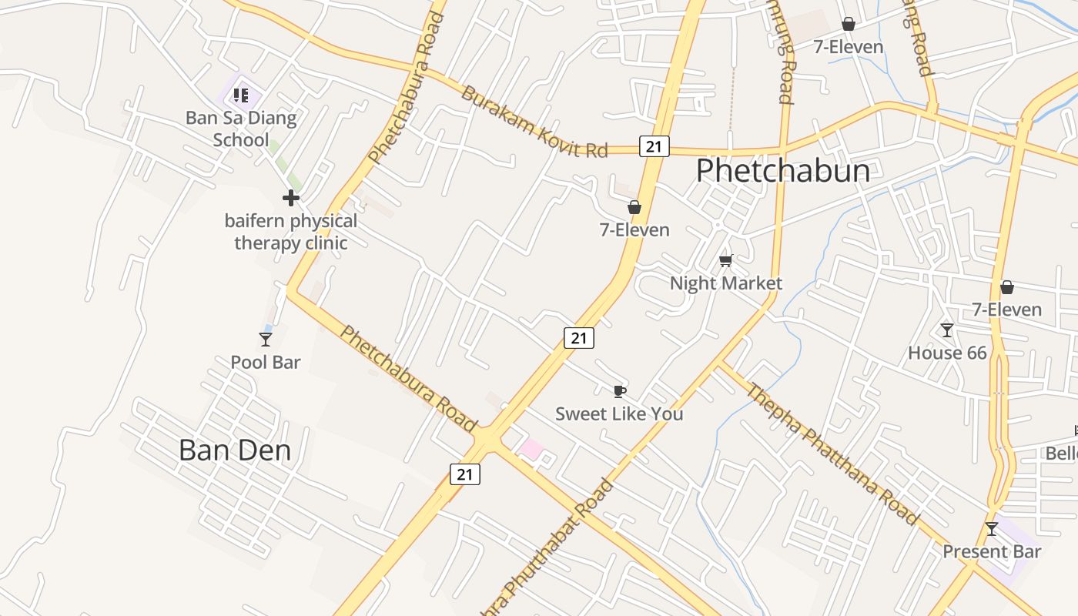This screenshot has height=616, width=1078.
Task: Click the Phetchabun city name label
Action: tap(782, 171)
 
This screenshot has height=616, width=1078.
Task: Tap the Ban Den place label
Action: tap(235, 450)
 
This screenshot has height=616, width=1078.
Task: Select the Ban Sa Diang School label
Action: tap(241, 129)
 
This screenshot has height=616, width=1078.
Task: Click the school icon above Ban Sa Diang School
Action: tap(241, 95)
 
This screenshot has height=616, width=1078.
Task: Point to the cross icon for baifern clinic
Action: tap(290, 198)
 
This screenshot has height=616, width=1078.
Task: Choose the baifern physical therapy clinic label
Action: tap(291, 232)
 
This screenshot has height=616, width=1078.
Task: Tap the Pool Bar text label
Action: tap(266, 362)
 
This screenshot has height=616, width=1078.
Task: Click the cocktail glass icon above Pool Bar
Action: tap(266, 339)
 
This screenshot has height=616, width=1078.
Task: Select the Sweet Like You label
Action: tap(619, 413)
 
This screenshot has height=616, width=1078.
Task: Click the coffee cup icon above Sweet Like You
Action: tap(619, 391)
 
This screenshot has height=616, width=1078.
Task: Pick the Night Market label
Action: tap(725, 283)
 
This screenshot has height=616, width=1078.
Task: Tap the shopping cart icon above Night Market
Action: tap(725, 260)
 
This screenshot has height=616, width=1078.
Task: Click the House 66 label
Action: tap(947, 353)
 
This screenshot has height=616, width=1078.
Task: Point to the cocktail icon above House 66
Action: tap(947, 330)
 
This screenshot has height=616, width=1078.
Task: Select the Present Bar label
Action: tap(992, 551)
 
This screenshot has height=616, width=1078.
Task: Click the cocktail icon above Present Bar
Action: tap(992, 529)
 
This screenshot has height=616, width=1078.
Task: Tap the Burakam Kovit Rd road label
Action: tap(534, 122)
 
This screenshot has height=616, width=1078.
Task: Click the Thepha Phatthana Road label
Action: tap(832, 454)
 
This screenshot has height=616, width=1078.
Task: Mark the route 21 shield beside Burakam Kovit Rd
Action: tap(654, 146)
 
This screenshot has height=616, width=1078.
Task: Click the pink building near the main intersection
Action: tap(531, 448)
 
